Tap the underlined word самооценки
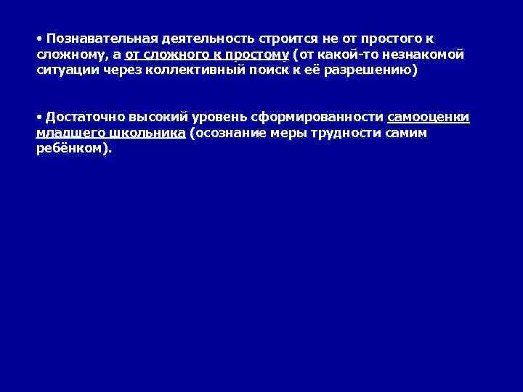click(x=429, y=117)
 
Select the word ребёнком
click(x=72, y=149)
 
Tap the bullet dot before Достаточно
click(x=39, y=116)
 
